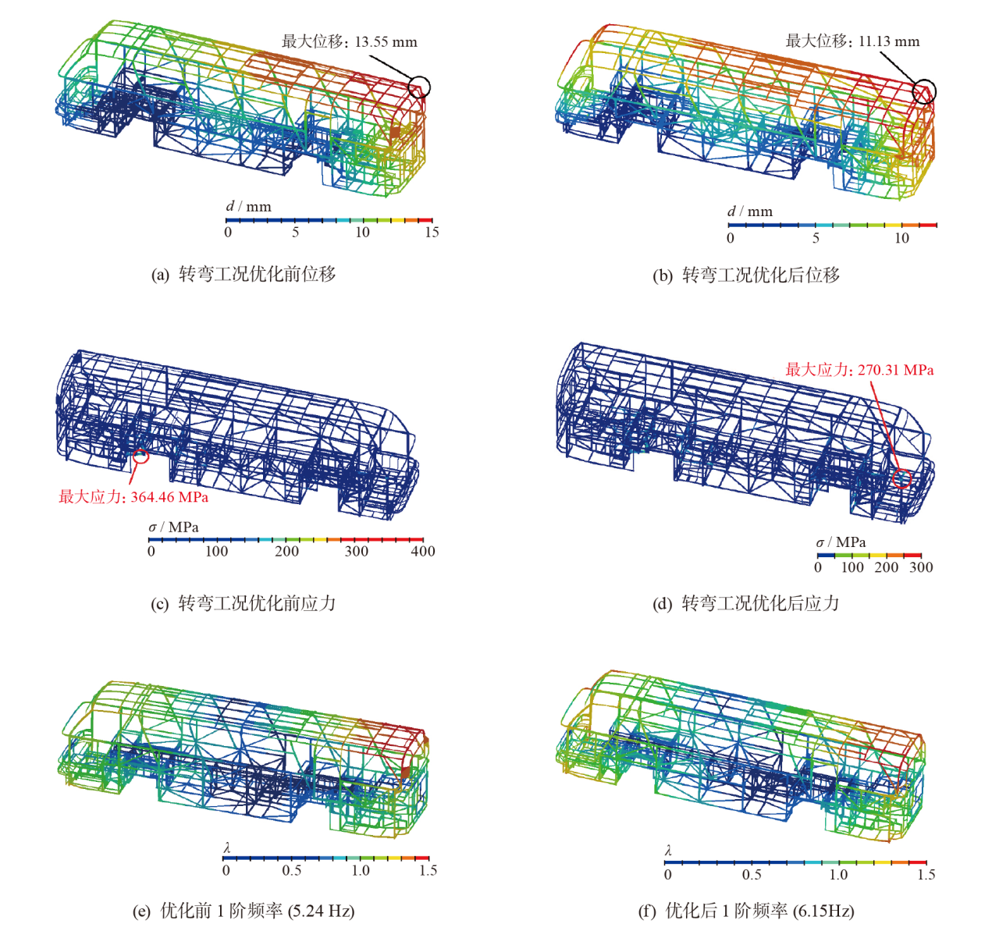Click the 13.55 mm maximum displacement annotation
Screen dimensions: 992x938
point(349,41)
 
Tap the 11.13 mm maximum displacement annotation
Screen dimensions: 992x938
point(852,41)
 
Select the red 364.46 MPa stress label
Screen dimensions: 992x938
point(133,497)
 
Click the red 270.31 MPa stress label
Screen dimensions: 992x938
point(859,370)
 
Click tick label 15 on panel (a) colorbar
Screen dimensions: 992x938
point(432,232)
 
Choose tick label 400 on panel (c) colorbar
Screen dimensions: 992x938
point(423,551)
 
